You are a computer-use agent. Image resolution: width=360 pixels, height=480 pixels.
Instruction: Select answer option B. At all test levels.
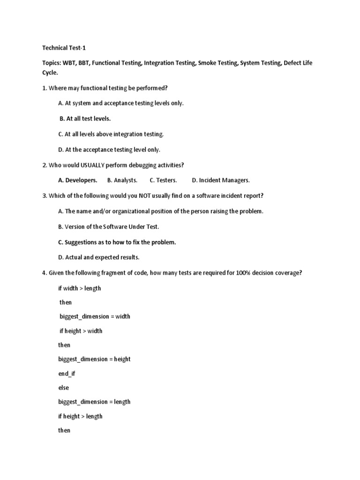coord(85,119)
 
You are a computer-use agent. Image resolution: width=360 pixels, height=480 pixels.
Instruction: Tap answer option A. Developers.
coord(78,180)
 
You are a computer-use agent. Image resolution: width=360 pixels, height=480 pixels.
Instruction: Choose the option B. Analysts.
coord(122,180)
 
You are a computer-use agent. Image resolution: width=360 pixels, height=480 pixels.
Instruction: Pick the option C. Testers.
coord(163,180)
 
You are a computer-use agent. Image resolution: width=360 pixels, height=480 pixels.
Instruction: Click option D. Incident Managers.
coord(221,180)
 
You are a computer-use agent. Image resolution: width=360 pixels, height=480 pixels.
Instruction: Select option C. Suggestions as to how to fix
coord(117,242)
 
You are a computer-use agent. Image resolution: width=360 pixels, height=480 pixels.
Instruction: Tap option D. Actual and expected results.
coord(99,257)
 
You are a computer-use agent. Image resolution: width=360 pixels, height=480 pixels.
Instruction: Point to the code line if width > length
coord(79,288)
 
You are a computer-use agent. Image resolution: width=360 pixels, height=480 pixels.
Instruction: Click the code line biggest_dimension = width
coord(95,316)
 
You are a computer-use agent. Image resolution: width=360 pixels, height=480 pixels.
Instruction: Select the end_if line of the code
coord(66,374)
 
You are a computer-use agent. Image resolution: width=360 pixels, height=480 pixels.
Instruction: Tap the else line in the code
coord(63,388)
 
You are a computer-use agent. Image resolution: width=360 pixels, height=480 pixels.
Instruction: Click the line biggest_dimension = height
coord(94,359)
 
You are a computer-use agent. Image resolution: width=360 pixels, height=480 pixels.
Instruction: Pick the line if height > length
coord(80,416)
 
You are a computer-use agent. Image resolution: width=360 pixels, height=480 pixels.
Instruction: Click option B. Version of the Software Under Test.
coord(109,226)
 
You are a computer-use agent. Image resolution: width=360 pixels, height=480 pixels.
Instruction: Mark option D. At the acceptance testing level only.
coord(109,150)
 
